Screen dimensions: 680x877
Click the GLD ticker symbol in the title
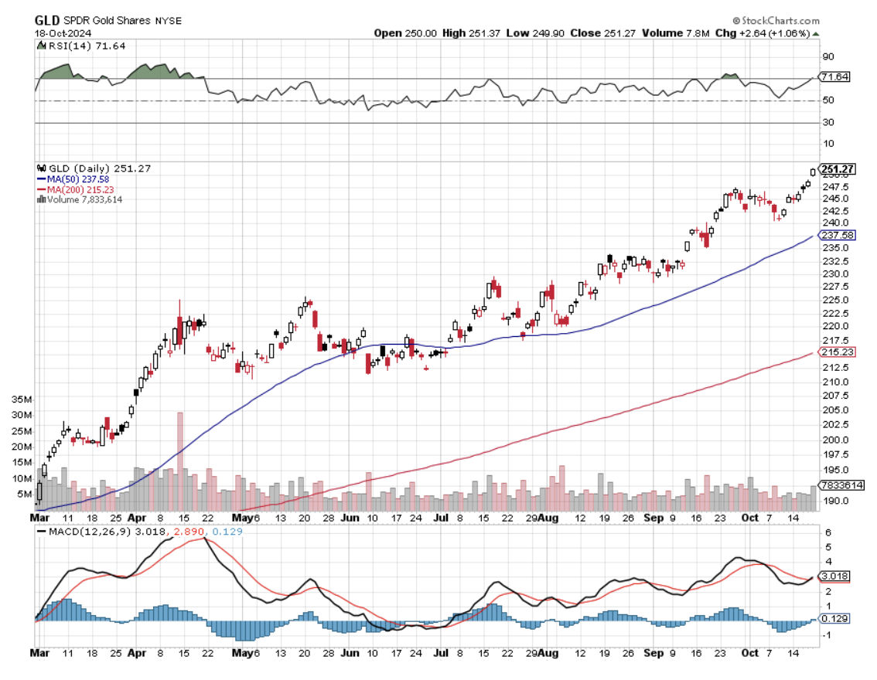tap(46, 20)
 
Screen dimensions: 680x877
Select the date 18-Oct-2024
tap(62, 32)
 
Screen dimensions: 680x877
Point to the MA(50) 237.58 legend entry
tap(78, 179)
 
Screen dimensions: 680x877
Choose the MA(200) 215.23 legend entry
tap(80, 189)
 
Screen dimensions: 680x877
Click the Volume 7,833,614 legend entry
tap(84, 199)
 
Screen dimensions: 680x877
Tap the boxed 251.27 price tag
tap(838, 169)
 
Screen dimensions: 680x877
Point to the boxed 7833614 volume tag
tap(841, 484)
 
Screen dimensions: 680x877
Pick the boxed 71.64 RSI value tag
tap(834, 77)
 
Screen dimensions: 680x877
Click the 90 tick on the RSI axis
tap(828, 56)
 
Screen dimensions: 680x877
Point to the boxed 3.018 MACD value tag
tap(834, 576)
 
